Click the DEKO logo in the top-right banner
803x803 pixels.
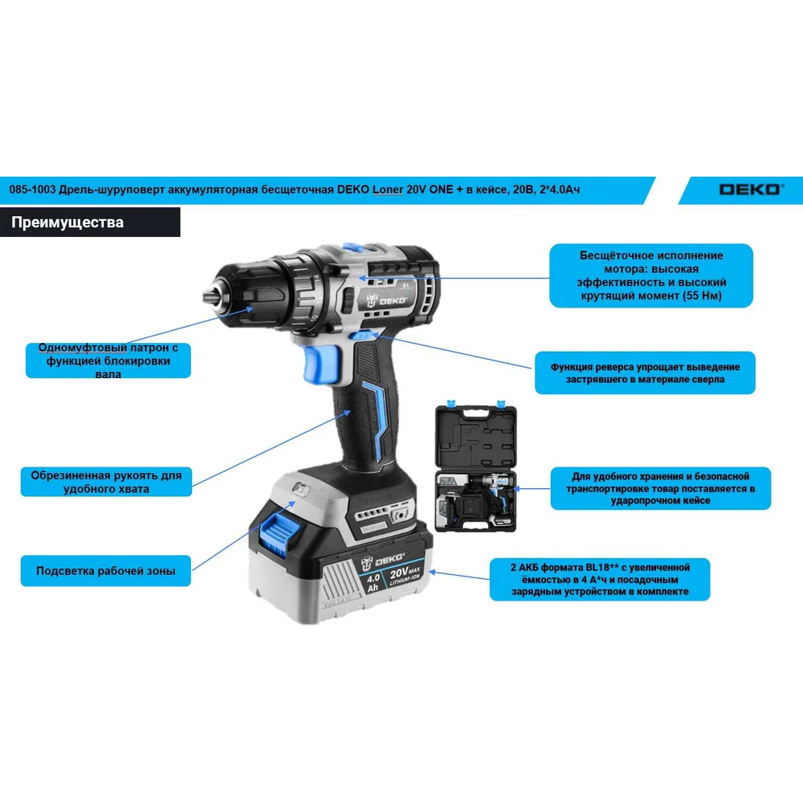tap(752, 190)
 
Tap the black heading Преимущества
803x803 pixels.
tap(67, 222)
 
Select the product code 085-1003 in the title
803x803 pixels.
tap(32, 190)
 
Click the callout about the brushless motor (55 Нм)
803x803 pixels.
tap(651, 275)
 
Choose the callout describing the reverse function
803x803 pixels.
tap(645, 373)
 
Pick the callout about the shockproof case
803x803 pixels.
tap(660, 488)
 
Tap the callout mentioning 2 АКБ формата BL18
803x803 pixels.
tap(600, 579)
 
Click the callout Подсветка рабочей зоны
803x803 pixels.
tap(105, 570)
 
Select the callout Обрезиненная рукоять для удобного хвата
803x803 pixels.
tap(106, 482)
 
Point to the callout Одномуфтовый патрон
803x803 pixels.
tap(108, 361)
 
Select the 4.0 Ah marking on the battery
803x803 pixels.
tap(373, 583)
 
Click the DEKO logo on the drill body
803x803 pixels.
tap(387, 300)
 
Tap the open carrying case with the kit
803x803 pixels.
tap(475, 467)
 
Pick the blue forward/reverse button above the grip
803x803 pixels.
tap(363, 336)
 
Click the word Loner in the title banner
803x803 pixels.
tap(387, 190)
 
